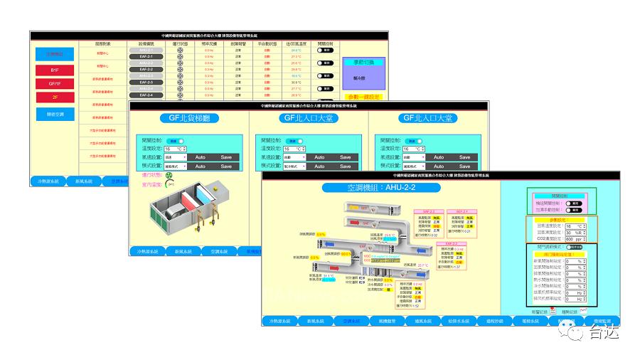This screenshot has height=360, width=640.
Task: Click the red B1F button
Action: tap(55, 70)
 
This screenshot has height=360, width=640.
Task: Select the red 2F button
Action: tap(55, 97)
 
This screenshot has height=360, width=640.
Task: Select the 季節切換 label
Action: tap(363, 63)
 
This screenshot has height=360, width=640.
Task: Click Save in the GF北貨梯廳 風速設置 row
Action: tap(226, 157)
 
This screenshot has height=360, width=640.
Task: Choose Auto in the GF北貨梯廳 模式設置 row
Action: tap(201, 166)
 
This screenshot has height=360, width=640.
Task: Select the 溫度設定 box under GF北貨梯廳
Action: tap(175, 149)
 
